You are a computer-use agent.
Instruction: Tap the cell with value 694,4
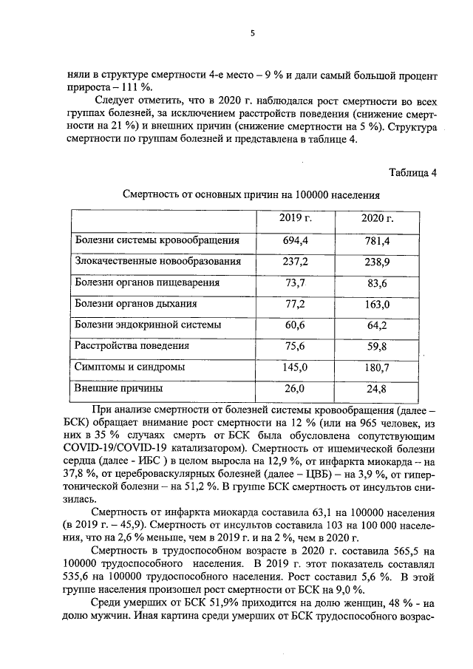tap(295, 240)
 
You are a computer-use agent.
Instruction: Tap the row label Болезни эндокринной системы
tap(148, 325)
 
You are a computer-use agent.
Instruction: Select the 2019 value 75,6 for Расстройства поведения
tap(295, 345)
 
